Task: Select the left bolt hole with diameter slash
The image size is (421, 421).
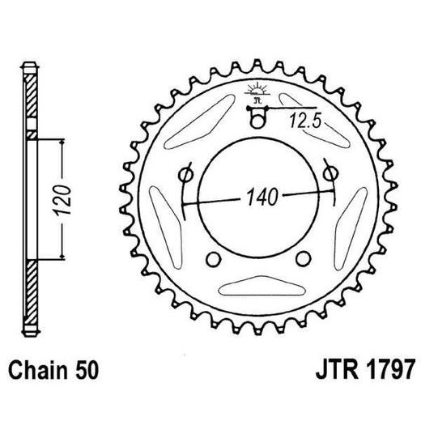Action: [x=185, y=174]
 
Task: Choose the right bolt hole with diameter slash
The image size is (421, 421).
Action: [x=330, y=174]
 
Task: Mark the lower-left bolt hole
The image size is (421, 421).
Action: [x=213, y=259]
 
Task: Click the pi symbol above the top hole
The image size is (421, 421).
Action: [x=257, y=100]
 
